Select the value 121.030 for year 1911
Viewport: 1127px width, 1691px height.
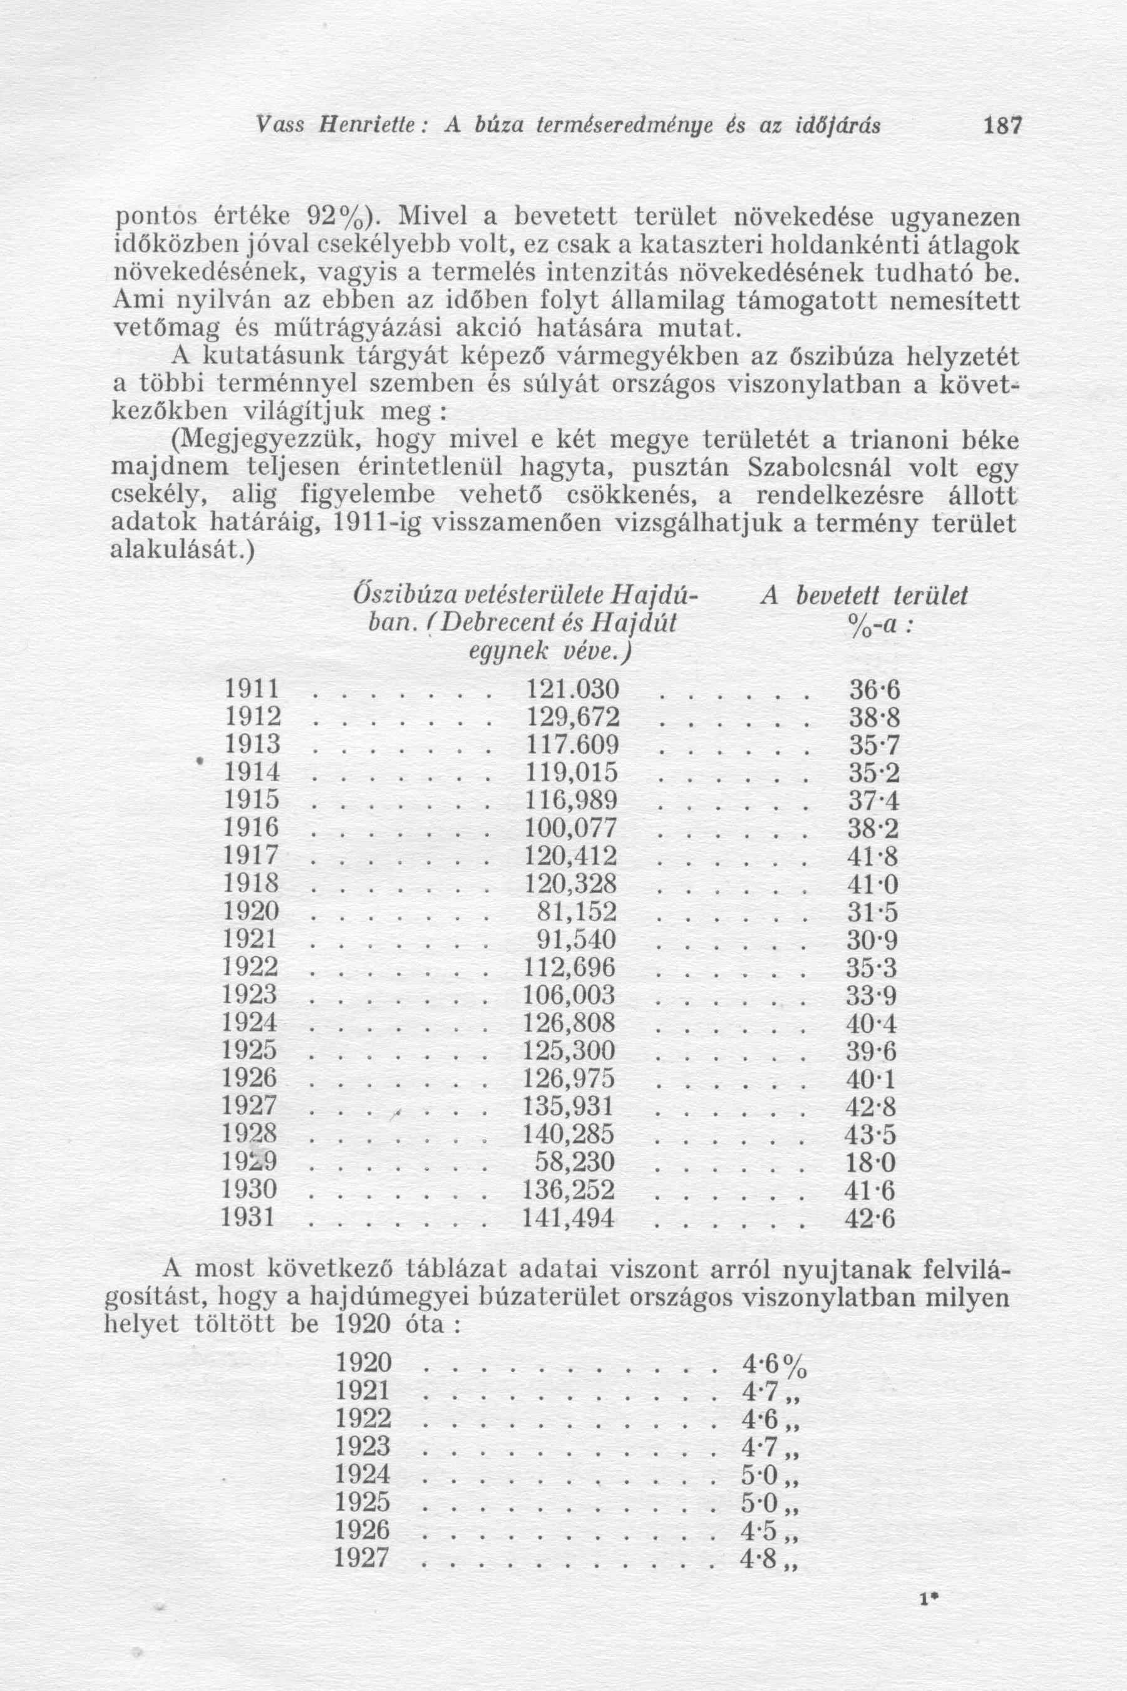click(x=572, y=690)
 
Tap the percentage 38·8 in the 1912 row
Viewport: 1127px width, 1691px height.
click(x=873, y=718)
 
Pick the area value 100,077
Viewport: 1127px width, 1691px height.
click(x=572, y=829)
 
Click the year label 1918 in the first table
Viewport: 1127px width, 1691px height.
click(x=251, y=884)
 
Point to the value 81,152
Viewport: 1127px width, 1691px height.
click(x=577, y=913)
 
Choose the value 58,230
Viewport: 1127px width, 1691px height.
click(x=577, y=1162)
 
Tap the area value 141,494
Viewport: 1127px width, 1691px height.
click(x=572, y=1219)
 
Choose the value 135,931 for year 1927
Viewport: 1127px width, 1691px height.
click(x=572, y=1107)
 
